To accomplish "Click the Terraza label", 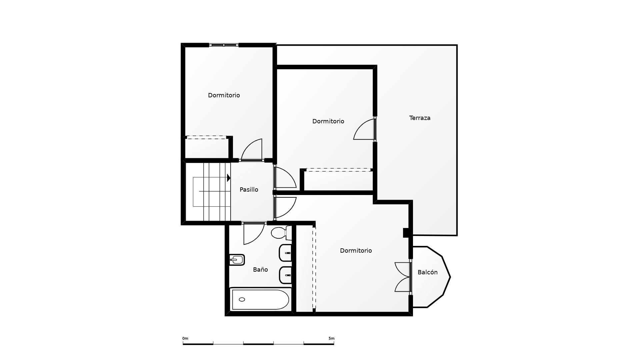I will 420,118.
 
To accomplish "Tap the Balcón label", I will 427,272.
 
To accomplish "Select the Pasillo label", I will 249,190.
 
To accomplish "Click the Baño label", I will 260,270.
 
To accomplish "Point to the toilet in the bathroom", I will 280,233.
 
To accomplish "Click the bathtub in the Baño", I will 260,299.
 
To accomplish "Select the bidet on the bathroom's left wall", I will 237,259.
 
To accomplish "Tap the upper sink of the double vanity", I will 285,253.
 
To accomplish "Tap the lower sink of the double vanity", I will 285,275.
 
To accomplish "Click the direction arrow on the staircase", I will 229,178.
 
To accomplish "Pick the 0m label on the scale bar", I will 185,339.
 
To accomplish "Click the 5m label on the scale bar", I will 331,339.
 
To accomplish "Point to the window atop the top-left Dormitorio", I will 224,45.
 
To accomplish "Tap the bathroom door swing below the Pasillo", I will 253,233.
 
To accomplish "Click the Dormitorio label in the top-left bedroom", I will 224,95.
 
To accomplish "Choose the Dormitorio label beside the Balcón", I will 356,251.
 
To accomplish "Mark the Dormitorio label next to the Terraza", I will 328,121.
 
